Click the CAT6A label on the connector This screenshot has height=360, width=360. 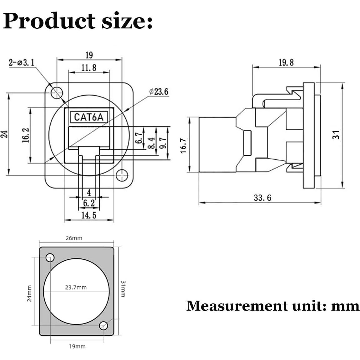89,117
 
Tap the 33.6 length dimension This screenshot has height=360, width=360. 262,198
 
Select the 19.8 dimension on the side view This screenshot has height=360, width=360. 286,62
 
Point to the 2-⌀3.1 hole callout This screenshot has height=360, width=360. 22,62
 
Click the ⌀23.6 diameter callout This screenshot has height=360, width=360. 159,92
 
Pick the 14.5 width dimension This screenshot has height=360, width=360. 89,215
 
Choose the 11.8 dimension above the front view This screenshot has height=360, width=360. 89,68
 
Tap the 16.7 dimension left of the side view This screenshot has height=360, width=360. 183,146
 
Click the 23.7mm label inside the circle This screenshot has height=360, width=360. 76,287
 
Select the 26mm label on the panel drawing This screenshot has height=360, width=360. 74,238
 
